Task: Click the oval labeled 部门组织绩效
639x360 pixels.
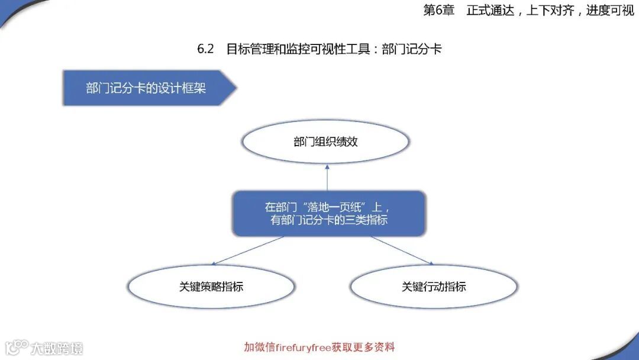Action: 325,142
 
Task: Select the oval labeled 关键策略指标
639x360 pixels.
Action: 211,287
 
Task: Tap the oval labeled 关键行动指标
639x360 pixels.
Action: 434,287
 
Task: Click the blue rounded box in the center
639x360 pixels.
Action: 328,213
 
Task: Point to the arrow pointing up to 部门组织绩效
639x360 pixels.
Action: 326,178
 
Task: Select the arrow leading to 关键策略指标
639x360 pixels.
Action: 248,250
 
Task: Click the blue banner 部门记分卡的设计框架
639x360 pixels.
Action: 147,88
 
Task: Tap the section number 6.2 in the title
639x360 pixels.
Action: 205,49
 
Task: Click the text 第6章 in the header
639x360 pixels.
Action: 438,11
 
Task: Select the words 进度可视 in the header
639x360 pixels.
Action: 610,11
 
